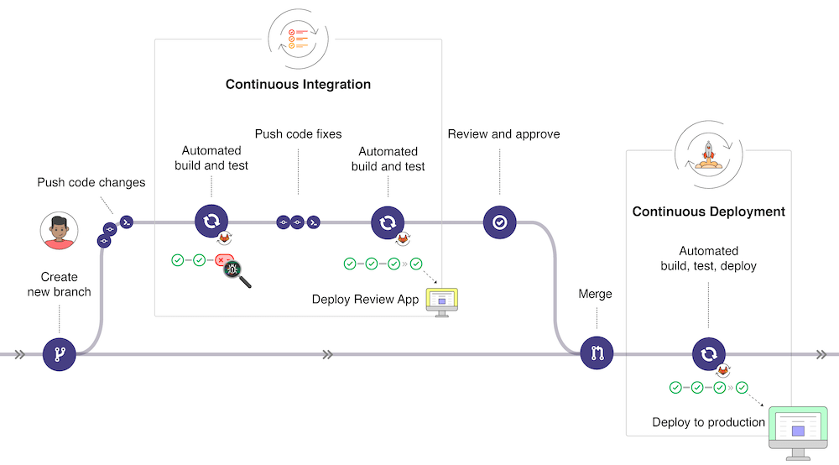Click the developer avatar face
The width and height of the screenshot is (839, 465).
coord(59,230)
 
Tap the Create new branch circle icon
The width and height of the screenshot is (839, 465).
coord(59,354)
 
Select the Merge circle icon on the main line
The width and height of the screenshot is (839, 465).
coord(597,354)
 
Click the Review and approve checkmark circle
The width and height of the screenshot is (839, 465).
coord(499,222)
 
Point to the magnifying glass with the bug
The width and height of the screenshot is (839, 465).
coord(236,272)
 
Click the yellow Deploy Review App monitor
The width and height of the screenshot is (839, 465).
coord(442,300)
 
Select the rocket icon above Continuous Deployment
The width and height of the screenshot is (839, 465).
coord(708,154)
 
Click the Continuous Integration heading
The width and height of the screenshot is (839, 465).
coord(298,85)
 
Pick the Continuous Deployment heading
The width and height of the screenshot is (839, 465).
coord(708,212)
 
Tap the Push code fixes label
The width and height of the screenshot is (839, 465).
coord(298,134)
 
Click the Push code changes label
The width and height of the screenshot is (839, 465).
coord(91,182)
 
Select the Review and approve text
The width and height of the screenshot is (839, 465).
coord(503,134)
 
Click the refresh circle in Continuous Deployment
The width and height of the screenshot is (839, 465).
coord(708,354)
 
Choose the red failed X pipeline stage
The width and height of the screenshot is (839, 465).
coord(222,261)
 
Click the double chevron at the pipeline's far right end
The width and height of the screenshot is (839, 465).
coord(821,354)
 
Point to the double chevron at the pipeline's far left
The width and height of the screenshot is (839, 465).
coord(18,354)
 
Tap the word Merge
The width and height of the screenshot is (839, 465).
coord(596,295)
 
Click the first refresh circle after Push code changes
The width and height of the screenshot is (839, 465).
coord(211,222)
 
